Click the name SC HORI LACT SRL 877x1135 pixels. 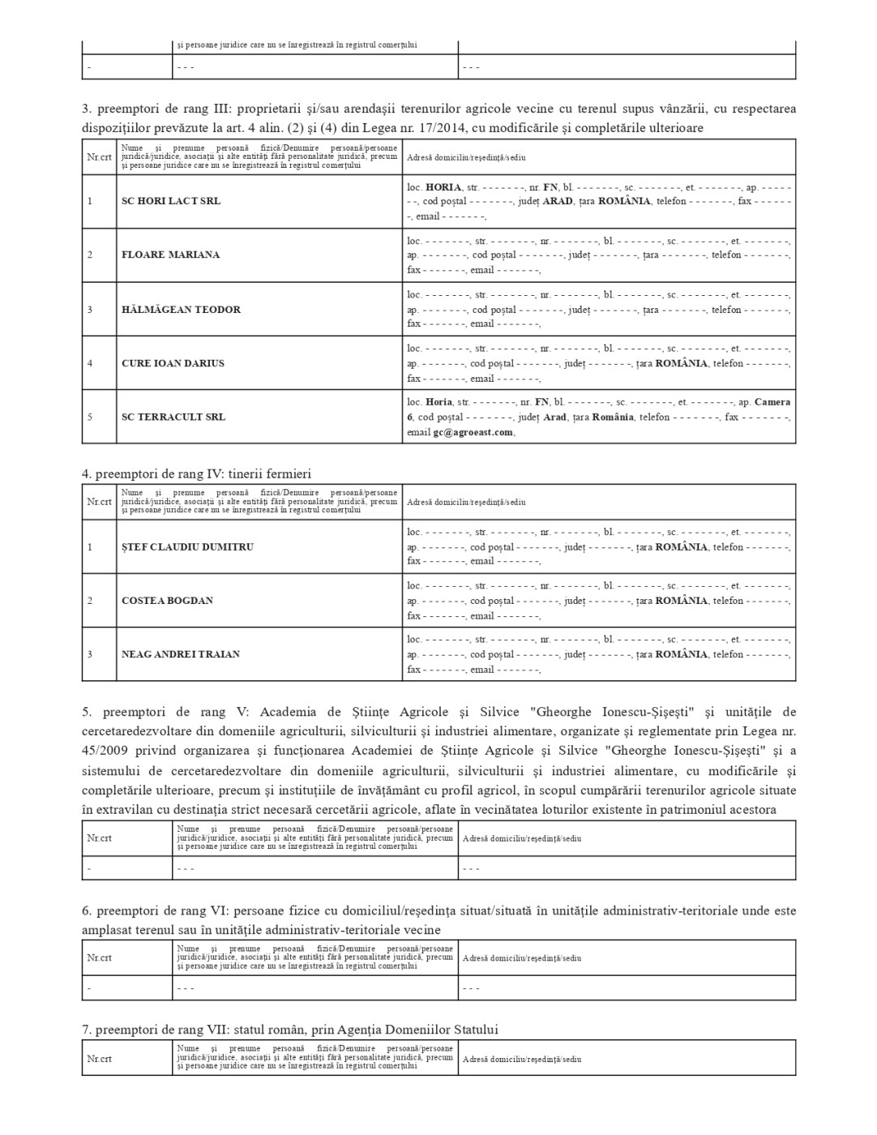[x=171, y=201]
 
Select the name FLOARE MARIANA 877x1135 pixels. [x=170, y=255]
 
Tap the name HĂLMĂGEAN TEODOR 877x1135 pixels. [x=181, y=310]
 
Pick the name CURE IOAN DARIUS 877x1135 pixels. [x=173, y=363]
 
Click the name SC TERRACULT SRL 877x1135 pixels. [x=173, y=417]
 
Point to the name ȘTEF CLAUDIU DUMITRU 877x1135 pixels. [x=187, y=547]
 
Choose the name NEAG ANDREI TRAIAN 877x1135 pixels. [x=181, y=654]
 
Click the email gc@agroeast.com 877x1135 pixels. [x=473, y=432]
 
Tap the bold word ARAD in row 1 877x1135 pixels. [x=557, y=201]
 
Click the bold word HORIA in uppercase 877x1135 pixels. [x=443, y=186]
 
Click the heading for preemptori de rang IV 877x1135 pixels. [x=196, y=473]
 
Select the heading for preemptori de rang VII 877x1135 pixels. [x=289, y=1030]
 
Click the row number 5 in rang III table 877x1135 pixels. [x=90, y=417]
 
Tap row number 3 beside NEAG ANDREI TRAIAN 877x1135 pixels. [x=90, y=654]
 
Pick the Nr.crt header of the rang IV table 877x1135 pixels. [x=99, y=502]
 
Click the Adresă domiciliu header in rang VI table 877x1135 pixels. [x=522, y=957]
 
